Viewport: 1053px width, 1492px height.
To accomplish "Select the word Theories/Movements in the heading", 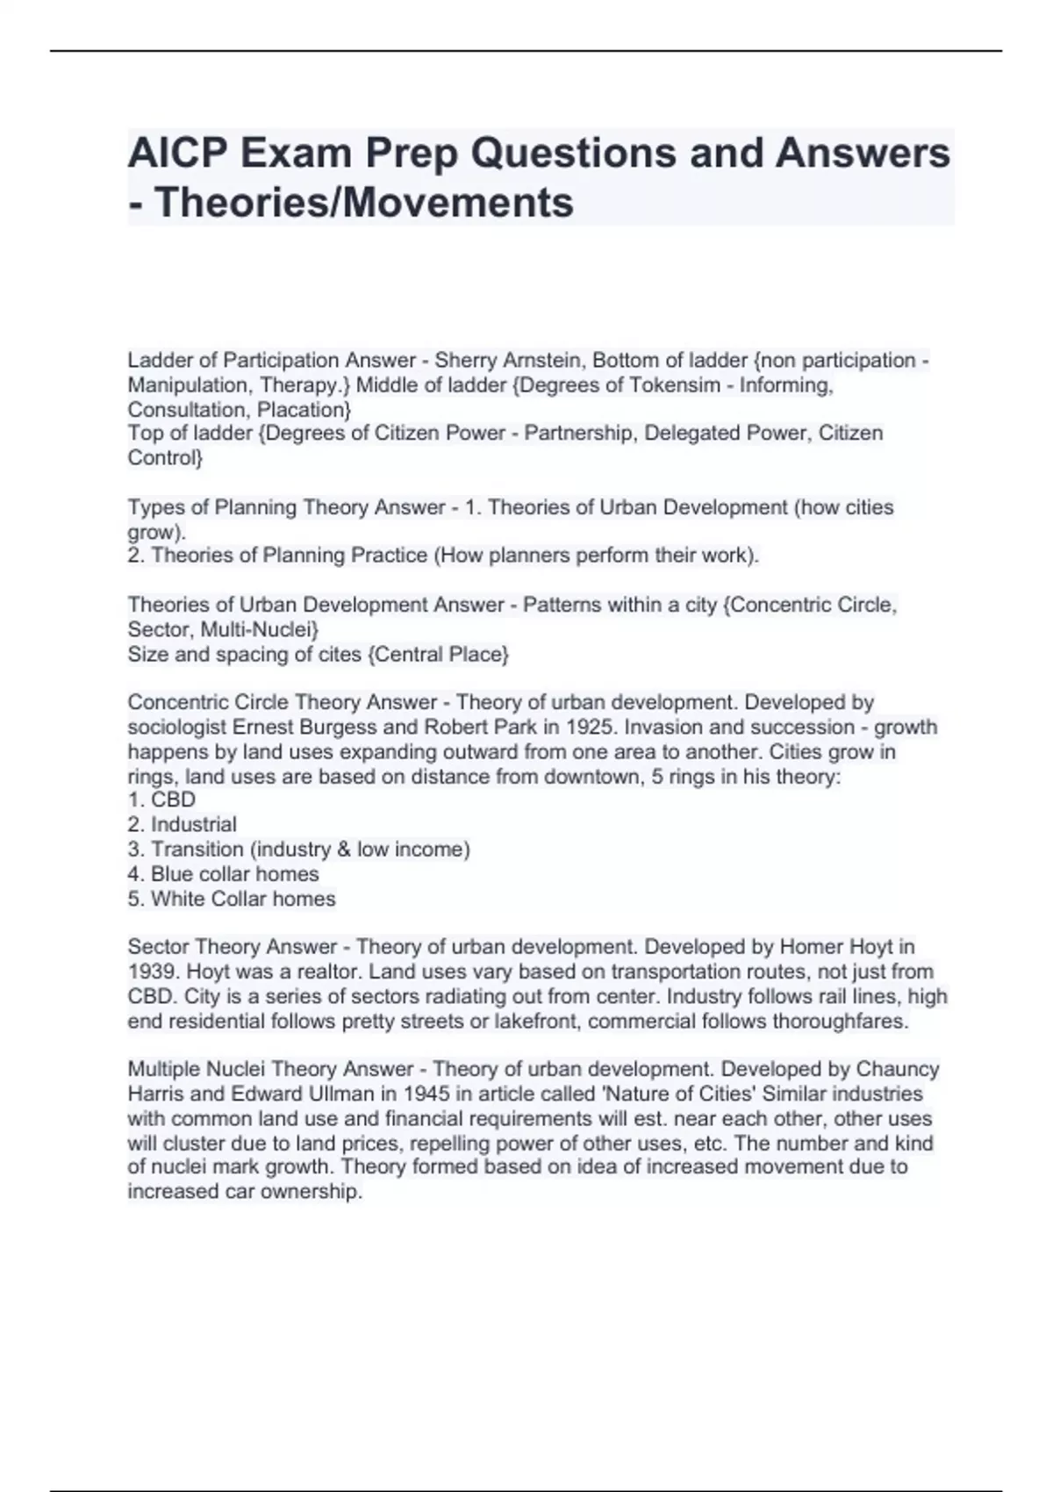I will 363,202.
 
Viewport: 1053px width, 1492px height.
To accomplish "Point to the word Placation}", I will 304,410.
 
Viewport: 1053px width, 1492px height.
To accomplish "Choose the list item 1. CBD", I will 161,800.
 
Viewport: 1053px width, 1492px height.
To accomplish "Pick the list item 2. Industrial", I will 182,824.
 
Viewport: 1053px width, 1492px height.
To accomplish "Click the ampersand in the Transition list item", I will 342,850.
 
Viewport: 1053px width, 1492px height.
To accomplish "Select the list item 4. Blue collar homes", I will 223,874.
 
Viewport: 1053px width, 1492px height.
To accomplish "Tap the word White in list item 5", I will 178,899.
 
